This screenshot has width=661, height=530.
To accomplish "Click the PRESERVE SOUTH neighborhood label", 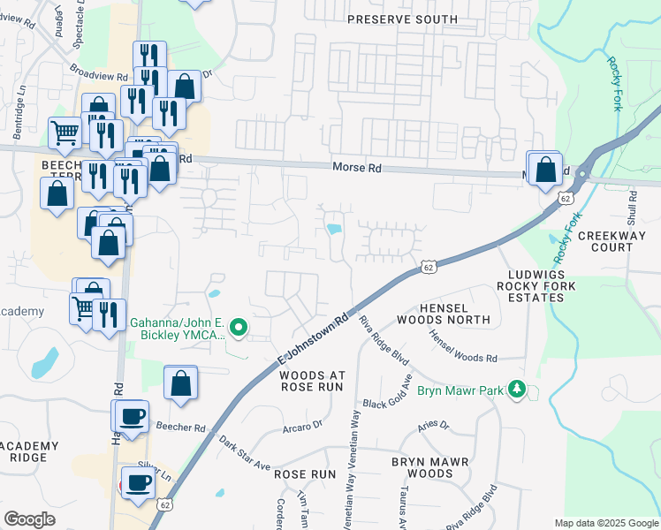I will coord(402,19).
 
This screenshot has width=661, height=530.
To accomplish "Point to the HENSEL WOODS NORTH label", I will coord(443,313).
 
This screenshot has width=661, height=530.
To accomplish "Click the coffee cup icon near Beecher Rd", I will coord(132,417).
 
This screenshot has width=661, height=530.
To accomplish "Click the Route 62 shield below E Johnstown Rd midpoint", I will coord(428,267).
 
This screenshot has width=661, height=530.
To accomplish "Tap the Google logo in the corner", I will coord(29,519).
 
